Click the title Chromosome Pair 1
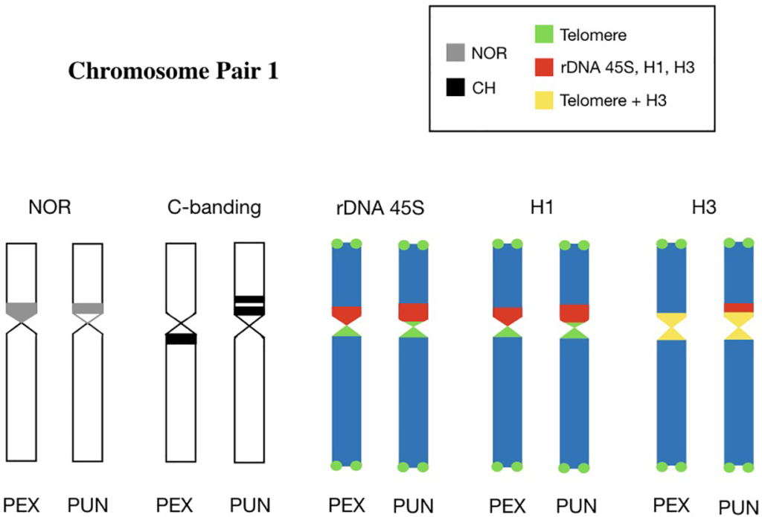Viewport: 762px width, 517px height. click(173, 72)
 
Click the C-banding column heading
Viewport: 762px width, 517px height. click(214, 208)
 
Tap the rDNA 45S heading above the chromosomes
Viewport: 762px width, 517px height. click(378, 208)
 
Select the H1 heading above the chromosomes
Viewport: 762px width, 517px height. click(541, 208)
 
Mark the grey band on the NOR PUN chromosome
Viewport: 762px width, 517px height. click(87, 308)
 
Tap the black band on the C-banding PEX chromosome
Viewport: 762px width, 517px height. click(180, 339)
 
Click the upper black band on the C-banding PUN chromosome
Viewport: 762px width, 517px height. click(249, 299)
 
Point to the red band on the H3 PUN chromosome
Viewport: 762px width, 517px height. click(739, 307)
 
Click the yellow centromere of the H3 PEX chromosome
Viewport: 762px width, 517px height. click(672, 326)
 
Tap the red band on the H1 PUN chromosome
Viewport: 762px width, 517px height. click(574, 312)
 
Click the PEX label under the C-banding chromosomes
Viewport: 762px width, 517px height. click(175, 505)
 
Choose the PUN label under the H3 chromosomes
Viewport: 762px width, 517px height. click(740, 507)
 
